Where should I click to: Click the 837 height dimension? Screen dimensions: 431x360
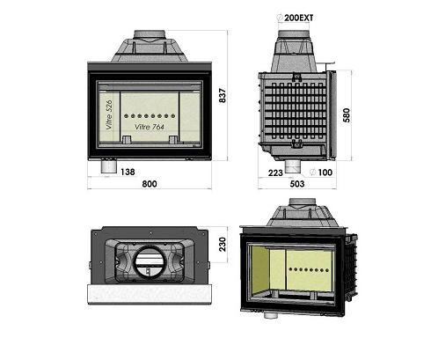(x=223, y=96)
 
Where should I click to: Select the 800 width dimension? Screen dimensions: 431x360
(x=150, y=184)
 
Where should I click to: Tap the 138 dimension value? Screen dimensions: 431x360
(x=128, y=172)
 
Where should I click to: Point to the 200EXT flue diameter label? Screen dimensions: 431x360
(x=299, y=18)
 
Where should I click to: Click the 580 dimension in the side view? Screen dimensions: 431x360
(x=347, y=115)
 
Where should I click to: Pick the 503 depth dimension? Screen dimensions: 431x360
(x=297, y=184)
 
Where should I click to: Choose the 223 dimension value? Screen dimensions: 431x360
(x=275, y=173)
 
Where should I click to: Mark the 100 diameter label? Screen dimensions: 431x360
(x=325, y=173)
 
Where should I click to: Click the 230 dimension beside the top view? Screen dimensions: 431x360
(x=223, y=245)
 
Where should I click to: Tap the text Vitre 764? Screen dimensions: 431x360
(x=150, y=127)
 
